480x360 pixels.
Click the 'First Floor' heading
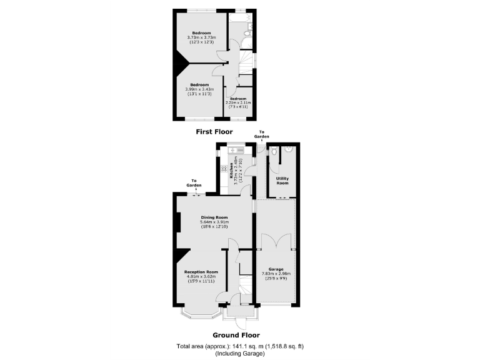(214, 132)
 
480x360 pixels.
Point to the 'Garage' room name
(276, 269)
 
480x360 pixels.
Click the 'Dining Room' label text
(214, 217)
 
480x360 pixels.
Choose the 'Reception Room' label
(201, 272)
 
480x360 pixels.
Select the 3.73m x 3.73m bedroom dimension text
(201, 37)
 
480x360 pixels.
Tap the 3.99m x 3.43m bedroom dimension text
(199, 89)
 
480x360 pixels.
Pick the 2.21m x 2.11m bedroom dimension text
(237, 102)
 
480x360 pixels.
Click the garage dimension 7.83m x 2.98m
(276, 274)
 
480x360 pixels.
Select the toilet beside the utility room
(288, 150)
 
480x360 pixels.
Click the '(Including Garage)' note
(240, 354)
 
